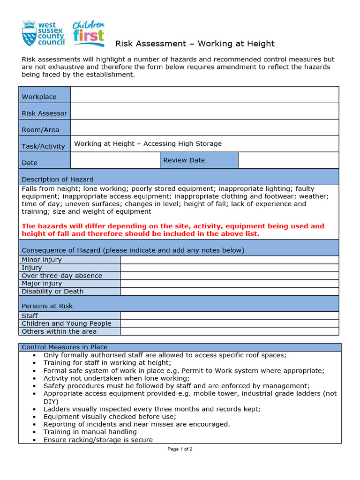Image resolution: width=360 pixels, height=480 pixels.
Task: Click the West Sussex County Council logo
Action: (x=43, y=33)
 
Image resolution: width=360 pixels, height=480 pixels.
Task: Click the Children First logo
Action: (x=88, y=34)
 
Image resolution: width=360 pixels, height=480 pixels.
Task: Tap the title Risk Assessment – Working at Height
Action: (x=195, y=44)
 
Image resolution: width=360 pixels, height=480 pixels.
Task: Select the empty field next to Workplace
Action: (x=204, y=95)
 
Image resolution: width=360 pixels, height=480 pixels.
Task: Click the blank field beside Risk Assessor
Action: (x=204, y=111)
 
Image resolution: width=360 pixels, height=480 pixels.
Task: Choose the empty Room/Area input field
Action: (x=204, y=127)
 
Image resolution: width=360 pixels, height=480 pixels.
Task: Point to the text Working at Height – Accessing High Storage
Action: (x=148, y=144)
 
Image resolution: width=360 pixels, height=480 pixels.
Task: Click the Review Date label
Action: (x=184, y=160)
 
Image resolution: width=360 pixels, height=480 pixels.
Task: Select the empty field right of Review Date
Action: (x=288, y=160)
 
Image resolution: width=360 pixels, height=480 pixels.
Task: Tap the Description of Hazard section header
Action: (x=58, y=179)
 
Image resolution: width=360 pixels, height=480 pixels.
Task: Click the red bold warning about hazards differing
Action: (x=173, y=230)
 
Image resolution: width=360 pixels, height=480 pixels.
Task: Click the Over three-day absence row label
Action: (x=62, y=276)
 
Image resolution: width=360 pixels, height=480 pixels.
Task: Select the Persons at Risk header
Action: (x=47, y=306)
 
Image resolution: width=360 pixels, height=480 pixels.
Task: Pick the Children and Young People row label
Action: (x=67, y=323)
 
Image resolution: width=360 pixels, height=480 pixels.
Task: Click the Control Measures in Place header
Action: (x=65, y=347)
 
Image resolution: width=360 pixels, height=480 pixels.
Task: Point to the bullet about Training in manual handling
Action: (x=90, y=432)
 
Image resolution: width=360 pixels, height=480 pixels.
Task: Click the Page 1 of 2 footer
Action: (x=180, y=449)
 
